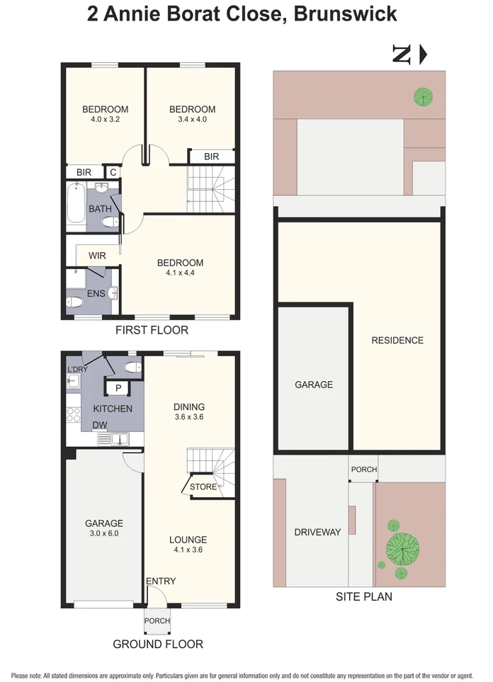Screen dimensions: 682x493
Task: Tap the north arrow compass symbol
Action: pos(409,55)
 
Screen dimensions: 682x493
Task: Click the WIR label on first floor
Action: pos(97,255)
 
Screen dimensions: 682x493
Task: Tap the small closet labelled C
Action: pos(113,172)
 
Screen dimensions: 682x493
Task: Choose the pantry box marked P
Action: pos(118,387)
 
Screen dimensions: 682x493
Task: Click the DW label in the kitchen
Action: pos(99,425)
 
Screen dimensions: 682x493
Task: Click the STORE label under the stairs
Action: pos(203,487)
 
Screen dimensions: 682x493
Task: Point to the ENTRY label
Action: pos(160,581)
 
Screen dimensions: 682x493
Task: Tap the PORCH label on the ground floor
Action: pos(157,620)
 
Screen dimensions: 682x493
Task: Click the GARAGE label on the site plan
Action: pos(313,385)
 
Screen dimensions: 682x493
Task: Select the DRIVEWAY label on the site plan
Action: pos(317,532)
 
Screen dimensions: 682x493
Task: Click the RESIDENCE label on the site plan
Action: pos(397,340)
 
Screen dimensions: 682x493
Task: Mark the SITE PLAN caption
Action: pos(363,597)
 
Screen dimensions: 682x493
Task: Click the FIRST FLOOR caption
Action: pos(152,330)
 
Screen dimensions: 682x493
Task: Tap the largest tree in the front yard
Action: pos(402,547)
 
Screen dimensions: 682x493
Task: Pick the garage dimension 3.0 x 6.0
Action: pos(104,535)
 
